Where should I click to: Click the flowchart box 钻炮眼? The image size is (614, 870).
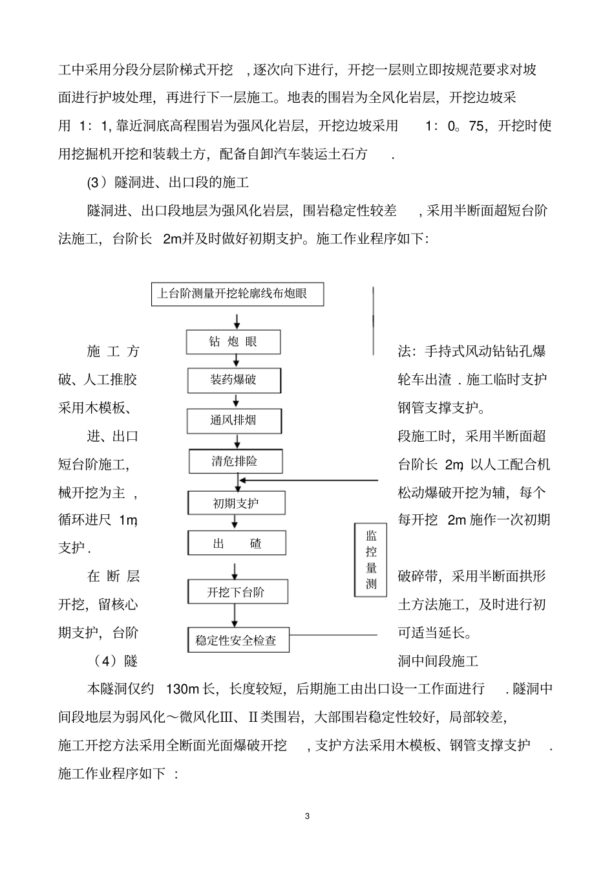233,342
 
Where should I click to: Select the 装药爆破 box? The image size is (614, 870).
234,380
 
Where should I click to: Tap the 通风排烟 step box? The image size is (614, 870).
234,420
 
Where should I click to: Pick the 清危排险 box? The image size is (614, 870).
235,461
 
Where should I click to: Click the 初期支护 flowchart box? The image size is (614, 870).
236,503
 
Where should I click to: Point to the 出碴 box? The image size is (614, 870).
237,543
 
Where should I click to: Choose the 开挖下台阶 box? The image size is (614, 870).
237,592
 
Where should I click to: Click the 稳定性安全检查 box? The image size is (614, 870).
237,640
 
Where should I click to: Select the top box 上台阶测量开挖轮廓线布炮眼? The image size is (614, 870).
237,294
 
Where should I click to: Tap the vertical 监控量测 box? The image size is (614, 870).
371,560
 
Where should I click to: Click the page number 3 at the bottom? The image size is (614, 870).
307,816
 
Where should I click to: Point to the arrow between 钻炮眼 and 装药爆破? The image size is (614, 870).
237,362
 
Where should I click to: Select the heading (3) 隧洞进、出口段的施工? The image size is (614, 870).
168,182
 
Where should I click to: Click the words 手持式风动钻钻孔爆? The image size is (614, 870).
485,351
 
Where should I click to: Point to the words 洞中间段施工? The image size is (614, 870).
438,661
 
